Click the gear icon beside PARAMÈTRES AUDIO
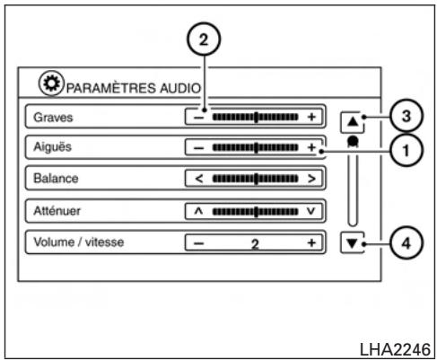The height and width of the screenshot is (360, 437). click(51, 83)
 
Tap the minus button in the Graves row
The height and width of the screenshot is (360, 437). click(199, 118)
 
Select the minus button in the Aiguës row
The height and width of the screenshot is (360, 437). click(199, 148)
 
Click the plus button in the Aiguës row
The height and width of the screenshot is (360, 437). click(311, 147)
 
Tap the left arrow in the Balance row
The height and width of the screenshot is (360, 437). click(199, 179)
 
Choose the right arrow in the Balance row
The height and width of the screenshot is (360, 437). click(311, 179)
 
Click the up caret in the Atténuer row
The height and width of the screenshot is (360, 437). click(198, 211)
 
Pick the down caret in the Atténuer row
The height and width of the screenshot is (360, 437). click(311, 211)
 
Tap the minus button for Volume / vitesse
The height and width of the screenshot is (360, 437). click(199, 243)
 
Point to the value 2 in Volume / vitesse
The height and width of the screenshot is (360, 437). click(255, 244)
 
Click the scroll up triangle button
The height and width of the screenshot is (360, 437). click(353, 122)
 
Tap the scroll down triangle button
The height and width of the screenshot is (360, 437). click(353, 243)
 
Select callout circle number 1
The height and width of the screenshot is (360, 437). click(406, 151)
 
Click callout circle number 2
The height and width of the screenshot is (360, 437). click(204, 40)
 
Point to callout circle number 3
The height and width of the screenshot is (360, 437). click(406, 116)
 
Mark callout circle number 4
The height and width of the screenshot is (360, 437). click(406, 243)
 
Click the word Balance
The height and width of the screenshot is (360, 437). click(56, 179)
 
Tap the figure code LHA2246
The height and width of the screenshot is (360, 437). click(395, 349)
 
